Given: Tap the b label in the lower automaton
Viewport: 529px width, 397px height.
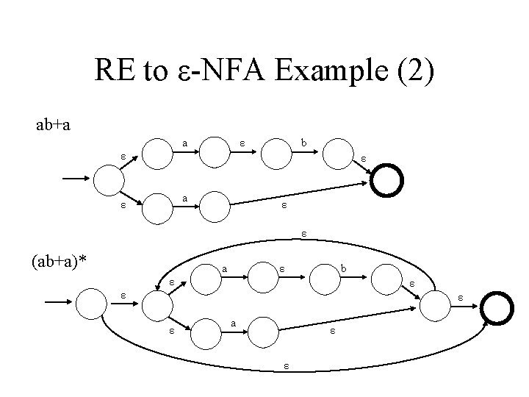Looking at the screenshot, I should [343, 270].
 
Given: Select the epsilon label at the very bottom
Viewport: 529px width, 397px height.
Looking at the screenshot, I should [287, 365].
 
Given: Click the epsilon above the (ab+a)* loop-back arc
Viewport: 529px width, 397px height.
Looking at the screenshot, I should [303, 234].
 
